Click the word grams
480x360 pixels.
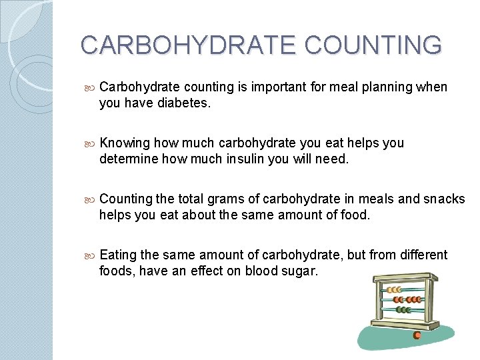click(x=227, y=199)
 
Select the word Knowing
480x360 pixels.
click(x=125, y=143)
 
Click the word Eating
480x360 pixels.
click(x=118, y=255)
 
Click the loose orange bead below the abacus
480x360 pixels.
click(x=417, y=335)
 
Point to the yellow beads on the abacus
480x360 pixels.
click(x=394, y=290)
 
